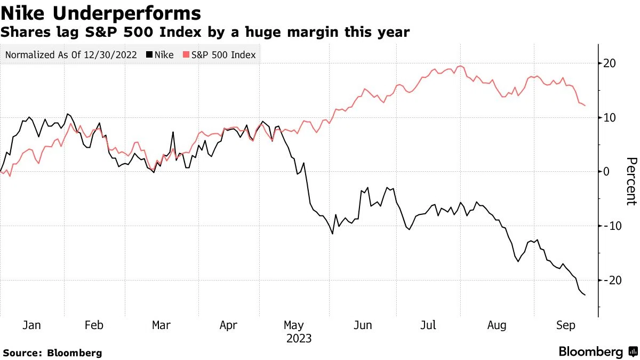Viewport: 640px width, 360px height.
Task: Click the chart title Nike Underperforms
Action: tap(101, 13)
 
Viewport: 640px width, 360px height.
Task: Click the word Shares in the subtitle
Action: tap(26, 32)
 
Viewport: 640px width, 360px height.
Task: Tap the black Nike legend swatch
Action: tap(149, 54)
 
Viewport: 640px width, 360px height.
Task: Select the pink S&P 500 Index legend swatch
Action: tap(186, 54)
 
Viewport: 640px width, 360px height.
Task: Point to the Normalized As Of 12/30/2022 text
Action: tap(71, 54)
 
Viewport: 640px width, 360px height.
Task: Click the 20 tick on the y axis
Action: tap(610, 63)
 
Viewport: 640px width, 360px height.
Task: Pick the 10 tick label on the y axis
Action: tap(610, 117)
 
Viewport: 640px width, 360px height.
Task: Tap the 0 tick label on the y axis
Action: tap(606, 172)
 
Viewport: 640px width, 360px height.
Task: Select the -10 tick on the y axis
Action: tap(612, 226)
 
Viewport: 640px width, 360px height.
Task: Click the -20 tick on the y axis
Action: tap(612, 281)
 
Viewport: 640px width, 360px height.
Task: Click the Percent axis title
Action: tap(631, 181)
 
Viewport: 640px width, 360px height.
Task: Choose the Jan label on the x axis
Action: tap(31, 325)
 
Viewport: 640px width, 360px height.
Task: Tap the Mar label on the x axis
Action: tap(161, 325)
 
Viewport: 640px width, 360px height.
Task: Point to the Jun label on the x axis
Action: tap(363, 325)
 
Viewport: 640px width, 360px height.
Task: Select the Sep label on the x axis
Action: tap(565, 325)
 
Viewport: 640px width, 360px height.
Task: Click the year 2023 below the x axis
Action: tap(299, 339)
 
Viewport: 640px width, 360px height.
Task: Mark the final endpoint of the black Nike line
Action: tap(585, 295)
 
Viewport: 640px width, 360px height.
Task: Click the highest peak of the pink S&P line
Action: tap(460, 66)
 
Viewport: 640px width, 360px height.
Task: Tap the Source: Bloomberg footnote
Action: tap(52, 353)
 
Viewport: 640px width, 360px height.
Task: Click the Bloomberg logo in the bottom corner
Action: tap(598, 351)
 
